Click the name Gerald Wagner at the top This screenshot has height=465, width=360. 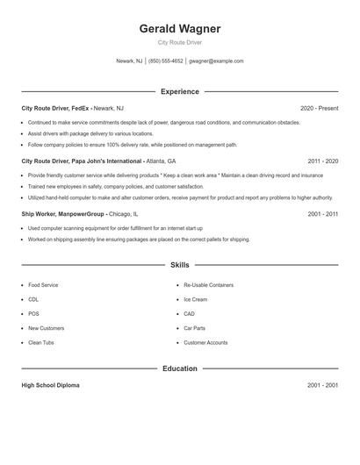(179, 29)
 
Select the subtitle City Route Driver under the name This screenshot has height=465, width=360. (179, 43)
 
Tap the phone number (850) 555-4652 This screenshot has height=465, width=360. (166, 61)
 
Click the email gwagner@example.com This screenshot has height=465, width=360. (217, 61)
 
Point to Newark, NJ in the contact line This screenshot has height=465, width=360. (129, 61)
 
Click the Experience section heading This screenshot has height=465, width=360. (179, 91)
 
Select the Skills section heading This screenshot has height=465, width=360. (179, 264)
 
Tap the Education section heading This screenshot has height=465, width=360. (179, 368)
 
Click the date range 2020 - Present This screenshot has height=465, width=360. (319, 108)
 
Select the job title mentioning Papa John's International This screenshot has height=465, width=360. (98, 161)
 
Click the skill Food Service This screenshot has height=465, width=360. (43, 285)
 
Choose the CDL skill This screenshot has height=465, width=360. (34, 299)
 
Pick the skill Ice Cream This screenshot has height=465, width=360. (196, 299)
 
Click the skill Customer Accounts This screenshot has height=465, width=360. (205, 342)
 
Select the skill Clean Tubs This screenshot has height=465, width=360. (41, 342)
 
